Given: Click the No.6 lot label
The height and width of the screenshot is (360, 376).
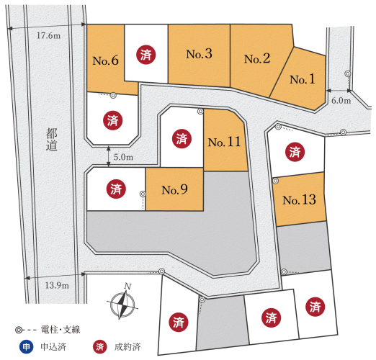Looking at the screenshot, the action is click(105, 60).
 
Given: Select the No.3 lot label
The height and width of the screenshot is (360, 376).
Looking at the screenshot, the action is click(199, 54).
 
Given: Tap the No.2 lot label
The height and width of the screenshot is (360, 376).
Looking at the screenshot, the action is click(257, 58).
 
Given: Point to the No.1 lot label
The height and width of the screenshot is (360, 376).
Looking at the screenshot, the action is click(303, 79).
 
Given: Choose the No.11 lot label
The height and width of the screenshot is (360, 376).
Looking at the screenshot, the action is click(224, 142).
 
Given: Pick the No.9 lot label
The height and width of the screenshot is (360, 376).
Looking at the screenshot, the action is click(174, 189).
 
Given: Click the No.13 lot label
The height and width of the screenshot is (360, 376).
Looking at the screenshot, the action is click(299, 199).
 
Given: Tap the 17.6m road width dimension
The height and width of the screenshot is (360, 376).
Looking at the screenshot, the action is click(48, 36).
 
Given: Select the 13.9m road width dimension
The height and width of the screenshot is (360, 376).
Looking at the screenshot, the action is click(57, 285).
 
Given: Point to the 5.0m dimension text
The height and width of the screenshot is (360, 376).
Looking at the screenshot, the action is click(123, 157).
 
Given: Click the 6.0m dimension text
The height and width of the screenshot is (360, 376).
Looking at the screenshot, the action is click(341, 100).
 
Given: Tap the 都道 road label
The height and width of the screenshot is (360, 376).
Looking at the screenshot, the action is click(52, 139).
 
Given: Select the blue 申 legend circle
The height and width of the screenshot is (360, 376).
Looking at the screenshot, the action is click(26, 347).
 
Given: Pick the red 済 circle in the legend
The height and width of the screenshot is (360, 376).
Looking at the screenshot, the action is click(100, 347).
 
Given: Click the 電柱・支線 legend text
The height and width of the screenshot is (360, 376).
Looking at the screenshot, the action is click(61, 330).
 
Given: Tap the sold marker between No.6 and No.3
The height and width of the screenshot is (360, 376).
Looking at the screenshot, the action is click(146, 55).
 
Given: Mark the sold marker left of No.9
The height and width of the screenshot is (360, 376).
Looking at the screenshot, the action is click(116, 189).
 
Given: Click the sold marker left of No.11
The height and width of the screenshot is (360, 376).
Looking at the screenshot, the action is click(182, 138).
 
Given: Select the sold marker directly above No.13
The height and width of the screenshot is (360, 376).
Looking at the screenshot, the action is click(295, 152).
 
